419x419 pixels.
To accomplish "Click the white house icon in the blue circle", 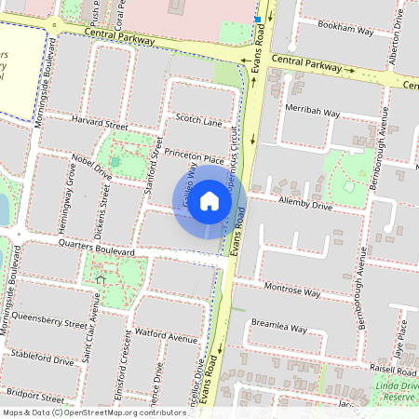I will [x=209, y=201].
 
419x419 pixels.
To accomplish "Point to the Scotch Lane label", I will [x=198, y=120].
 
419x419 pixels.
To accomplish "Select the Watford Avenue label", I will [x=166, y=332].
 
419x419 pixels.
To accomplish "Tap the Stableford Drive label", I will [x=42, y=358].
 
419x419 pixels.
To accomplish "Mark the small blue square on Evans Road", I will [x=257, y=20].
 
